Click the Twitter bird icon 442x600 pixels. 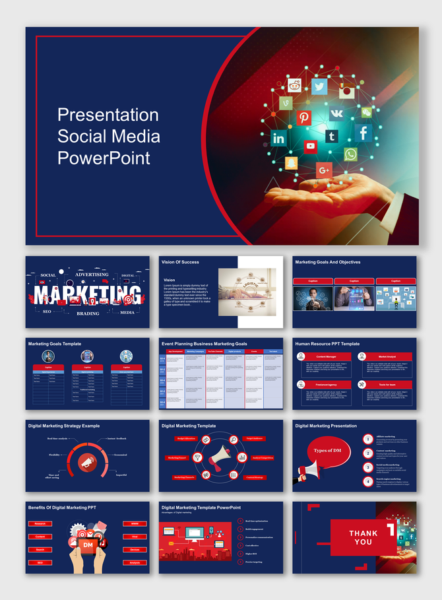point(320,86)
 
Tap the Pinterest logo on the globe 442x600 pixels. point(303,118)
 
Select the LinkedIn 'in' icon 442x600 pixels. point(278,139)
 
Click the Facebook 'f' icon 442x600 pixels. point(363,133)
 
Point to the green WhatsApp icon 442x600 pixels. point(350,154)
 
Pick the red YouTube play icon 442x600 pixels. point(311,146)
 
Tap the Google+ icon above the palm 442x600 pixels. point(324,170)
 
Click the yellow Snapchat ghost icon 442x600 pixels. point(290,162)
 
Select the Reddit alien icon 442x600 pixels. point(294,84)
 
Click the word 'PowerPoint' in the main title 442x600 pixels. point(104,158)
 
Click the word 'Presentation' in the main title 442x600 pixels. point(108,115)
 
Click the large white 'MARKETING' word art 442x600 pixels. point(88,293)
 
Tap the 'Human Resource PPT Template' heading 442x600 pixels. point(327,344)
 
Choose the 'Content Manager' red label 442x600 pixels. point(326,356)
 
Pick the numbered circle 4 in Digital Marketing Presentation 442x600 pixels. point(367,481)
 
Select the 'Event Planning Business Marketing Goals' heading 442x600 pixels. point(204,344)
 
